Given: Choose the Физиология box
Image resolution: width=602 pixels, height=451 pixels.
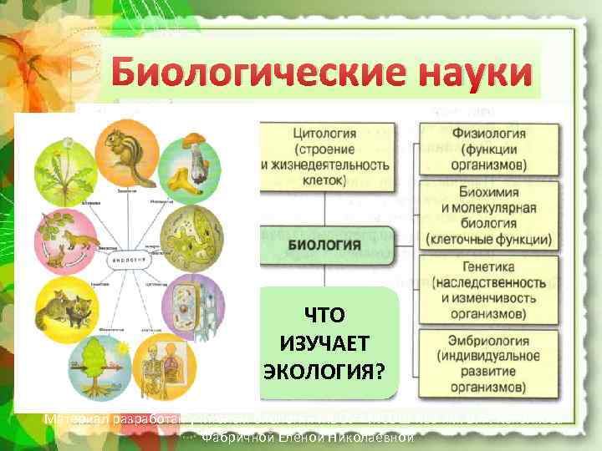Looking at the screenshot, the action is [488, 148].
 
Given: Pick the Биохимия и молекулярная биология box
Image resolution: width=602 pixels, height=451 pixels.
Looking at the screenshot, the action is [488, 215].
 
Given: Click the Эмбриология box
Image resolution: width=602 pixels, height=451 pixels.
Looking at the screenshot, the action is [488, 363].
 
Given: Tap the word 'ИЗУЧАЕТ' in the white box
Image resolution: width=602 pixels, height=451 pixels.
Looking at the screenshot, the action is [329, 343].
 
